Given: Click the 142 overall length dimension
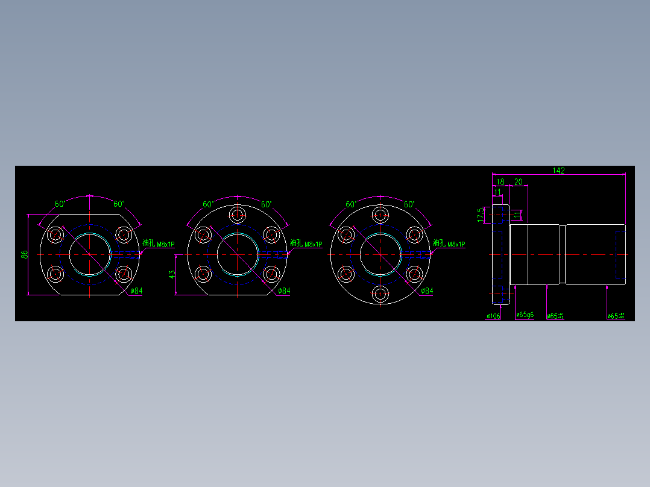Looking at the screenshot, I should click(x=558, y=171).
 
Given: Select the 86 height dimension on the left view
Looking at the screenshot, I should click(x=25, y=254).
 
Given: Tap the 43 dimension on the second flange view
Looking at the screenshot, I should click(x=172, y=275).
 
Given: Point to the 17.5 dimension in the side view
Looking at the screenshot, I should click(x=481, y=214).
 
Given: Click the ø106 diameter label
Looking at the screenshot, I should click(x=493, y=316).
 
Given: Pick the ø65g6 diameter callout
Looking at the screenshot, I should click(x=525, y=315).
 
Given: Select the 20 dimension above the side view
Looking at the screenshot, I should click(x=518, y=181).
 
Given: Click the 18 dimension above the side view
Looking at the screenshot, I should click(x=500, y=181).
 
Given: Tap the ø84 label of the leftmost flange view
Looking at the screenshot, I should click(x=136, y=291).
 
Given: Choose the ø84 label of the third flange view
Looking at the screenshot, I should click(x=426, y=291).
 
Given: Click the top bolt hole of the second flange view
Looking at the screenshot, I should click(x=238, y=215).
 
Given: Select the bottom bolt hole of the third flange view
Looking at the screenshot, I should click(x=380, y=294).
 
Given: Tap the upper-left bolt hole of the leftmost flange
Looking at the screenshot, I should click(x=57, y=234).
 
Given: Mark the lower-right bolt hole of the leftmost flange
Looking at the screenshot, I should click(x=124, y=274).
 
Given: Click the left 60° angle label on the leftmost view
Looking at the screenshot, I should click(x=60, y=204).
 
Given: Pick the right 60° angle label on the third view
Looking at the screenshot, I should click(x=409, y=204).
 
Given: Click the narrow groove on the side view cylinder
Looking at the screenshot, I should click(x=562, y=254).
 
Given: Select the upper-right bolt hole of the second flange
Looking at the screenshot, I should click(x=272, y=234).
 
